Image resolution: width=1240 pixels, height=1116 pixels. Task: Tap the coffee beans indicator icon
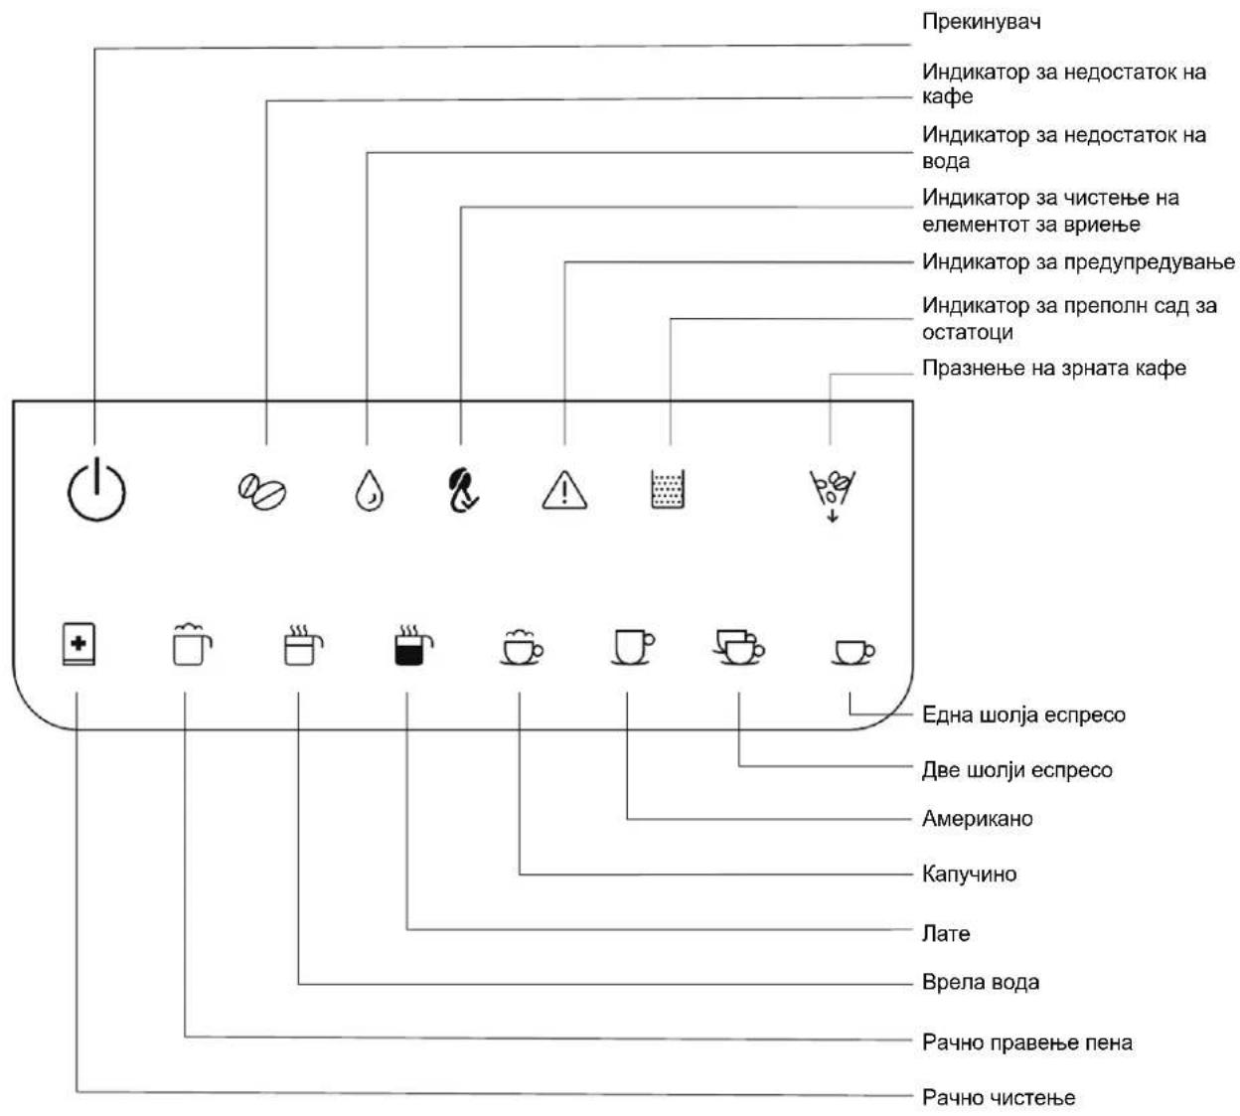click(262, 492)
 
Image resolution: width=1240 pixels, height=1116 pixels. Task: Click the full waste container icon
click(668, 489)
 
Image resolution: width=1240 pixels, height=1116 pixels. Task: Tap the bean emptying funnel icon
click(832, 496)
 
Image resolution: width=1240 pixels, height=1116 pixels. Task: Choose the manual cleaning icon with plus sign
click(78, 644)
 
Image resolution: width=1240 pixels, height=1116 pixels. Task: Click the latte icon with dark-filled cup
click(413, 645)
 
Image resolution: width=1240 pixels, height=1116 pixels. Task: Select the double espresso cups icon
click(739, 647)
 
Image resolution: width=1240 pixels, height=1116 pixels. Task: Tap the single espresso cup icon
click(853, 652)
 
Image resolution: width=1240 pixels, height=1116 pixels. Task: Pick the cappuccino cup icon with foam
click(522, 647)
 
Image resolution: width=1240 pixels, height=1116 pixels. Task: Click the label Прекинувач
click(981, 22)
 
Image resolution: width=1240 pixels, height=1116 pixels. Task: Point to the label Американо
click(978, 819)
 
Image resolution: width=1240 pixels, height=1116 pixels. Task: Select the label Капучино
click(970, 875)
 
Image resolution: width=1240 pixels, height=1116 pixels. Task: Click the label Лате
click(946, 933)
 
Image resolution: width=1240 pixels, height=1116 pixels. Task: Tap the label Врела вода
click(981, 983)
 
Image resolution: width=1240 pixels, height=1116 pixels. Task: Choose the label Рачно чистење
click(999, 1098)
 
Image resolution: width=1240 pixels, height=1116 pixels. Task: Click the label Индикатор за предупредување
click(1078, 262)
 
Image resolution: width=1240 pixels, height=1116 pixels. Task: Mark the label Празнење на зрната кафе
click(1054, 369)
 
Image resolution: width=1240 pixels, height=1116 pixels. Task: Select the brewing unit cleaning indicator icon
click(462, 491)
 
